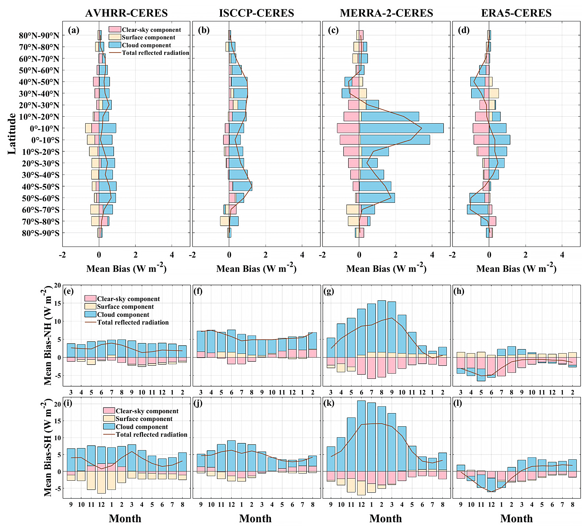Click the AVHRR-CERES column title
pyautogui.click(x=126, y=13)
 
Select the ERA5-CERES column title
pyautogui.click(x=516, y=13)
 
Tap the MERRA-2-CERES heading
pyautogui.click(x=386, y=13)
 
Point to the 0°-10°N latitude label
pyautogui.click(x=44, y=128)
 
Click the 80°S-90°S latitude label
pyautogui.click(x=40, y=233)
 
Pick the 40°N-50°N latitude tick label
pyautogui.click(x=39, y=82)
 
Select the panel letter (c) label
pyautogui.click(x=333, y=30)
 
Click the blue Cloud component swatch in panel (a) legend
pyautogui.click(x=115, y=45)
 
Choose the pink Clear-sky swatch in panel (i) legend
pyautogui.click(x=109, y=411)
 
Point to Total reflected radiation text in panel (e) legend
pyautogui.click(x=133, y=322)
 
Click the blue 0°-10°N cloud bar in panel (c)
pyautogui.click(x=401, y=128)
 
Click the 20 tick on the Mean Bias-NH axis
pyautogui.click(x=58, y=285)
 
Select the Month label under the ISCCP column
pyautogui.click(x=255, y=518)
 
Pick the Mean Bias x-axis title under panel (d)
pyautogui.click(x=516, y=268)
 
